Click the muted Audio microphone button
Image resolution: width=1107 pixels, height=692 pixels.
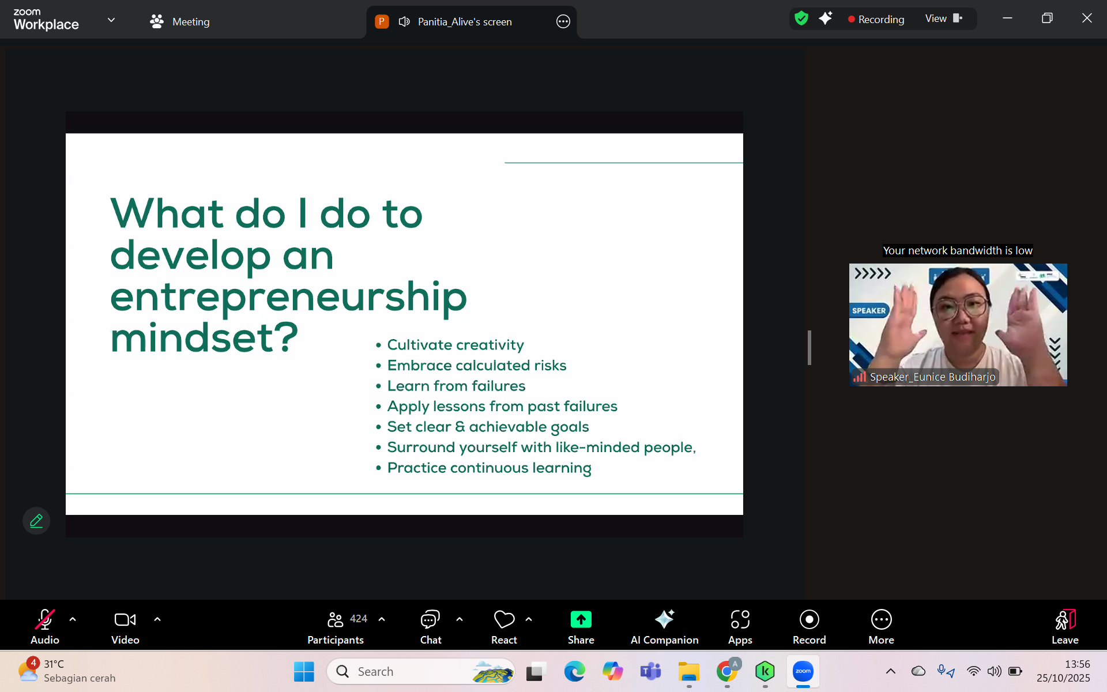tap(45, 619)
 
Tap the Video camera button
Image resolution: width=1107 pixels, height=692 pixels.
tap(125, 619)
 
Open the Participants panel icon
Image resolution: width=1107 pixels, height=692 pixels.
tap(335, 619)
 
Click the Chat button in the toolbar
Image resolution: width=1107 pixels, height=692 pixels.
tap(430, 619)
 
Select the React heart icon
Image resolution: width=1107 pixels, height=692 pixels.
tap(504, 619)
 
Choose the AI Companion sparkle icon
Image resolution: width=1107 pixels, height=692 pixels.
tap(664, 619)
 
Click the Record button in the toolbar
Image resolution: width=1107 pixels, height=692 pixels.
tap(809, 619)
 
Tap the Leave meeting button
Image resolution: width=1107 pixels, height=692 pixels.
tap(1065, 619)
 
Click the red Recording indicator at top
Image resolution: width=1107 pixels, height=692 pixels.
tap(876, 19)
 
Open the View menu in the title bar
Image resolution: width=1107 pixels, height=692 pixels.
tap(943, 18)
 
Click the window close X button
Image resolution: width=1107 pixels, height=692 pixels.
tap(1087, 18)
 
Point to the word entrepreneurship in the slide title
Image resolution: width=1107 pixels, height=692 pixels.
tap(288, 298)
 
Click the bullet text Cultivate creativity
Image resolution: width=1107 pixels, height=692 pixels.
tap(455, 345)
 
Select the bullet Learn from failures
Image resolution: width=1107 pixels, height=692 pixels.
tap(456, 386)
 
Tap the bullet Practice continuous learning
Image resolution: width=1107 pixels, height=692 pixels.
tap(489, 468)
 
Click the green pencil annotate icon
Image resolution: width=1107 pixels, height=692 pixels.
tap(36, 521)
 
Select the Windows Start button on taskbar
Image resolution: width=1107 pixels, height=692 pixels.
tap(304, 671)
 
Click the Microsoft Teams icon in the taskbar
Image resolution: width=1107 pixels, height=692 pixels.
tap(650, 671)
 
